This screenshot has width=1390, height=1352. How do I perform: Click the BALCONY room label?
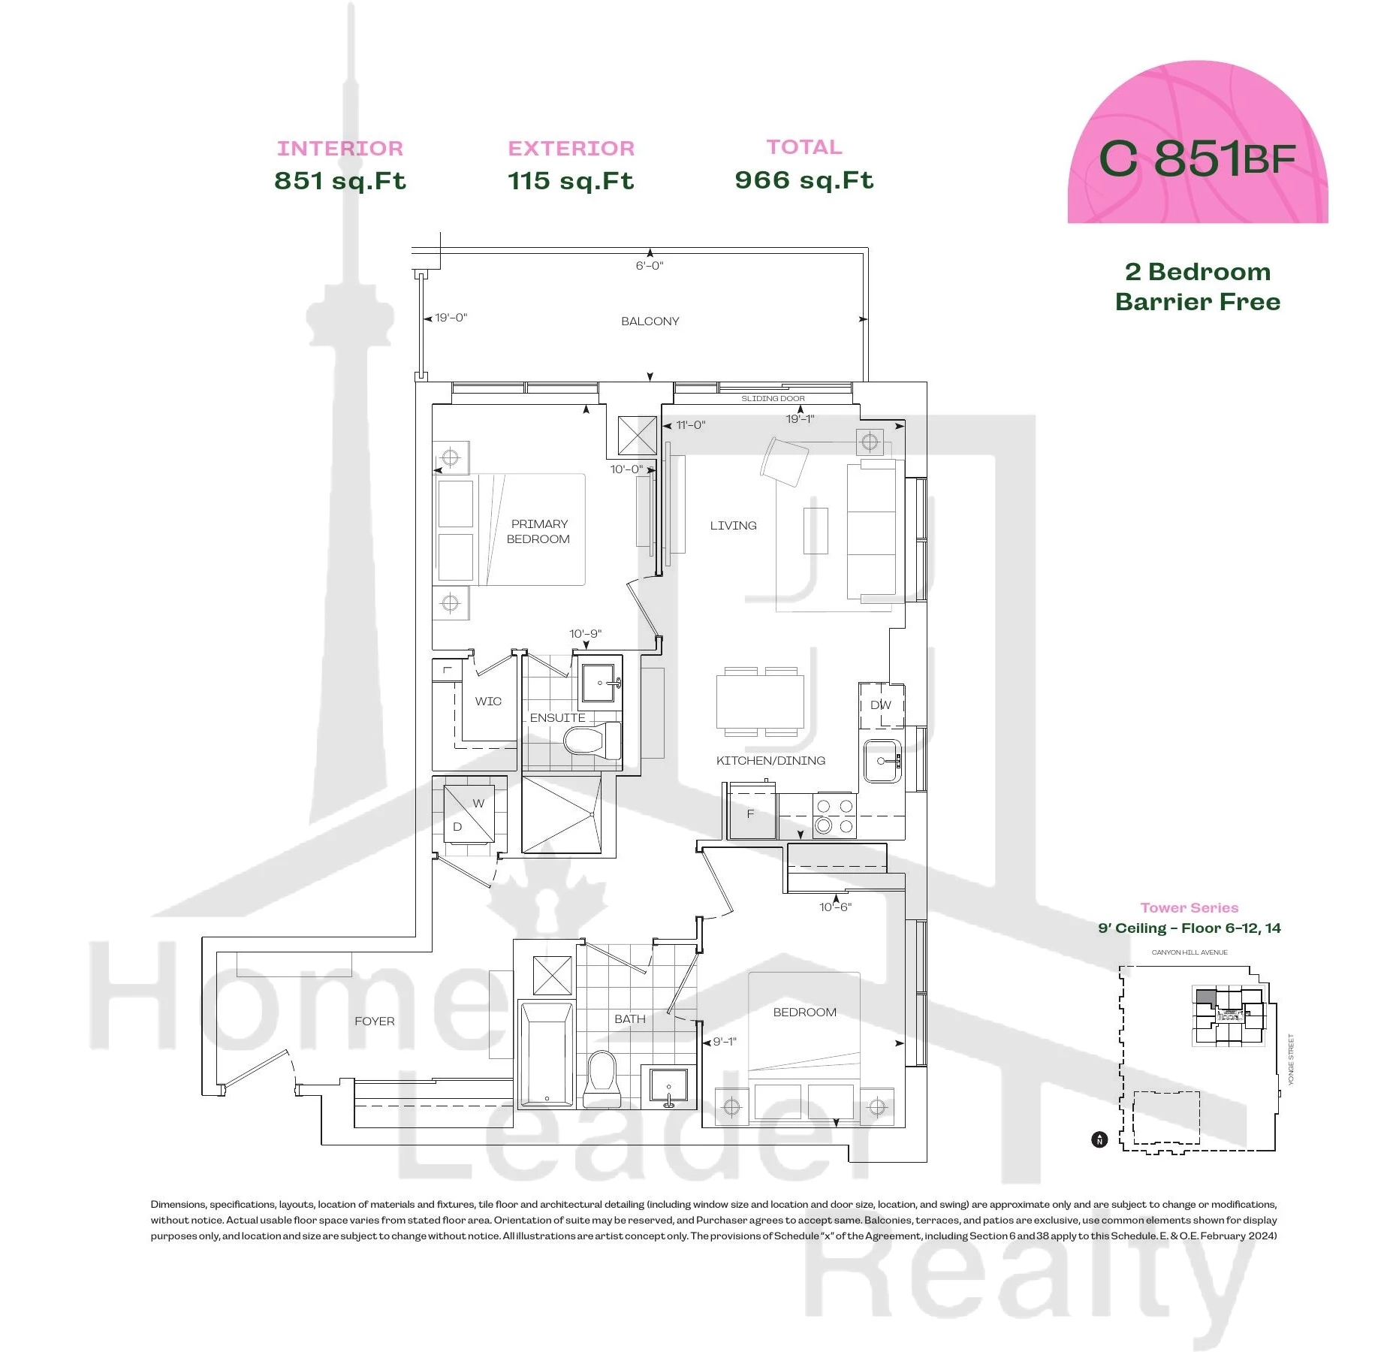[x=650, y=321]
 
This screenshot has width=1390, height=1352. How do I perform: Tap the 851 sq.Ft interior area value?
[x=340, y=180]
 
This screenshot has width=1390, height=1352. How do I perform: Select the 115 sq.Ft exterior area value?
[x=571, y=180]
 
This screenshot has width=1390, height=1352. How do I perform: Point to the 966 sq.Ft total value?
[x=804, y=180]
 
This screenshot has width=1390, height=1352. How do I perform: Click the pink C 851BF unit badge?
[x=1198, y=143]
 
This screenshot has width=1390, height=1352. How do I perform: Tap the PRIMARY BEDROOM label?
[x=538, y=531]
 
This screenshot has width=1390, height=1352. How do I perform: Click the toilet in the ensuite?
[x=592, y=741]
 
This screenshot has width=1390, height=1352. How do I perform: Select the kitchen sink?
[x=882, y=761]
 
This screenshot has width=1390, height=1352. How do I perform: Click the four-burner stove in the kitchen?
[x=834, y=816]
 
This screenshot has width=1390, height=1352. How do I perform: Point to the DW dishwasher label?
[x=880, y=705]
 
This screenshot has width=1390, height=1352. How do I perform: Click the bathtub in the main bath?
[x=546, y=1053]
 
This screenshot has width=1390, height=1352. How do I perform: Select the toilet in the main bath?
[x=602, y=1079]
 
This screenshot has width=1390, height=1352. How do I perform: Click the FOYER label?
[x=374, y=1021]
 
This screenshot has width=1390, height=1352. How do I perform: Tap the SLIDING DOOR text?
[x=773, y=398]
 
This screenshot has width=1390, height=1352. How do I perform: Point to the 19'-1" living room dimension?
[x=800, y=419]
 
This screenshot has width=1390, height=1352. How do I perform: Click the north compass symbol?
[x=1099, y=1139]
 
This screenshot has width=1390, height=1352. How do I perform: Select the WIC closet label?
[x=488, y=701]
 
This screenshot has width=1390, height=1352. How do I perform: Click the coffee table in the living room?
[x=816, y=531]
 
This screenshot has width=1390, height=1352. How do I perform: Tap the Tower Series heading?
[x=1189, y=907]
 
